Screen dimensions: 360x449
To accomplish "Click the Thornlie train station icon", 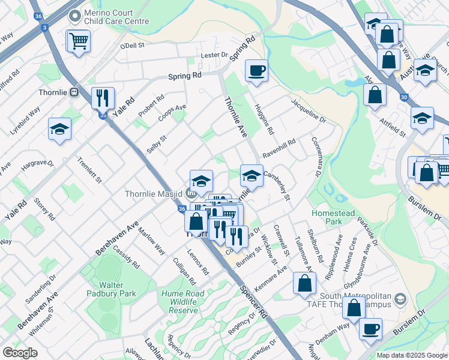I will coord(75,92).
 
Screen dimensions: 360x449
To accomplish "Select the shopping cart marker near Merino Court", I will coord(78,41).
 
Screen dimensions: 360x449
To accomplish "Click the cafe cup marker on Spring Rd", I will coord(256,71).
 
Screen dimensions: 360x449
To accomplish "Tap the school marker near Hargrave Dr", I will coord(59,129).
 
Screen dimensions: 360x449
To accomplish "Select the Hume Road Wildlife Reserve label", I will coord(179,302).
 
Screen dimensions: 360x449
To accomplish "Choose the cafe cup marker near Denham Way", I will coord(371,329).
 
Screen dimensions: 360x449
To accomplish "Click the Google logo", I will coord(20,353).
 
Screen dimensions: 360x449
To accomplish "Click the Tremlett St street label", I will coord(90,170).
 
